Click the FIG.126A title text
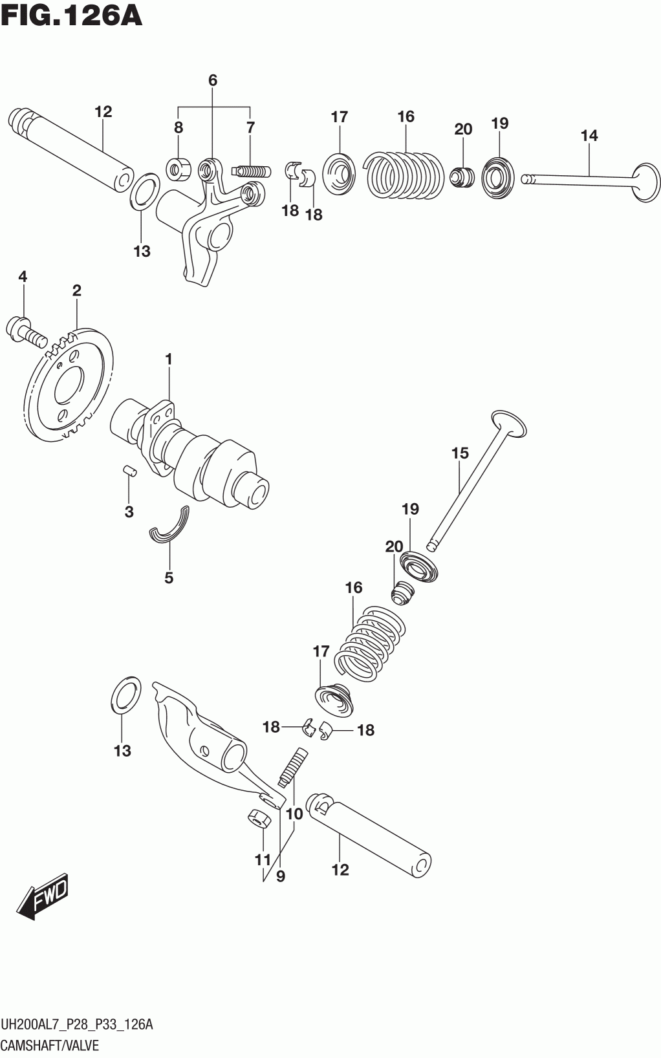pos(71,16)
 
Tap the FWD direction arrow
pos(43,897)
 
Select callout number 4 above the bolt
pos(23,277)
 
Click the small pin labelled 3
pos(129,470)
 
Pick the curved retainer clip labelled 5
pos(170,525)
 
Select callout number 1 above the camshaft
pos(168,358)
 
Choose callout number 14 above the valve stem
pos(589,136)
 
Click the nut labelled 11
pos(259,819)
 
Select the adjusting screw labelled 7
pos(252,171)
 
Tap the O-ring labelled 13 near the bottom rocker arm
pos(126,696)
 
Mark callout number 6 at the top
pos(213,80)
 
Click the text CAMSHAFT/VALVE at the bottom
pos(50,1045)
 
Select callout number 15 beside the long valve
pos(460,453)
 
